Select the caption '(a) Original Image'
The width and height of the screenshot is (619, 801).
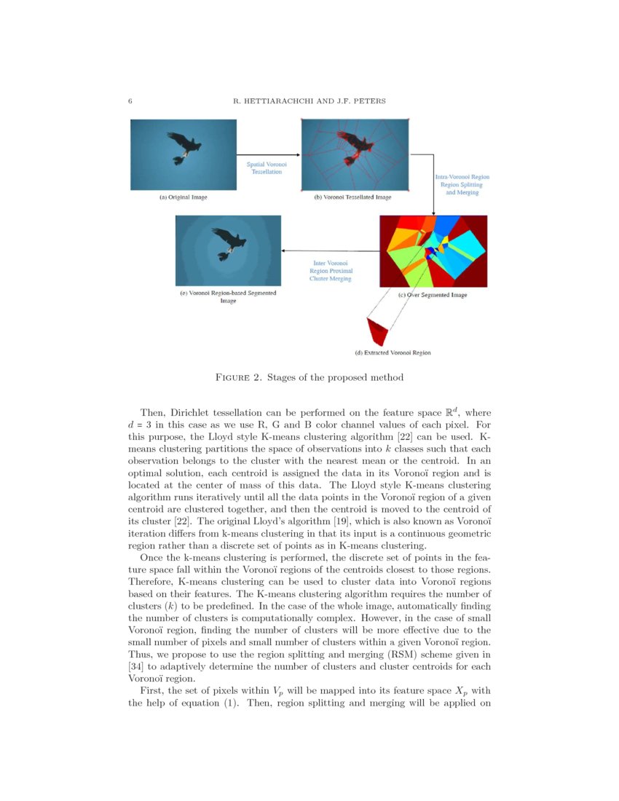(x=183, y=197)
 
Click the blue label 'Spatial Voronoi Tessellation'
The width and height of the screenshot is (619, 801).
(x=267, y=168)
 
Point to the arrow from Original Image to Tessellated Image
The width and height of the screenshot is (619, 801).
(x=269, y=154)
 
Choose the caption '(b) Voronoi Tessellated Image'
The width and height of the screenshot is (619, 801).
(x=352, y=197)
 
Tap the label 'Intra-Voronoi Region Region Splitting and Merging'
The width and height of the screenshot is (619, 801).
(x=461, y=184)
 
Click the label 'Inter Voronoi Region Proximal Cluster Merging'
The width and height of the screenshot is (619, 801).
(x=330, y=270)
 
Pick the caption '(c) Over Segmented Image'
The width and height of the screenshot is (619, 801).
(x=433, y=295)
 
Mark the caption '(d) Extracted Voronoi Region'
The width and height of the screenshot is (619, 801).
(x=393, y=353)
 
